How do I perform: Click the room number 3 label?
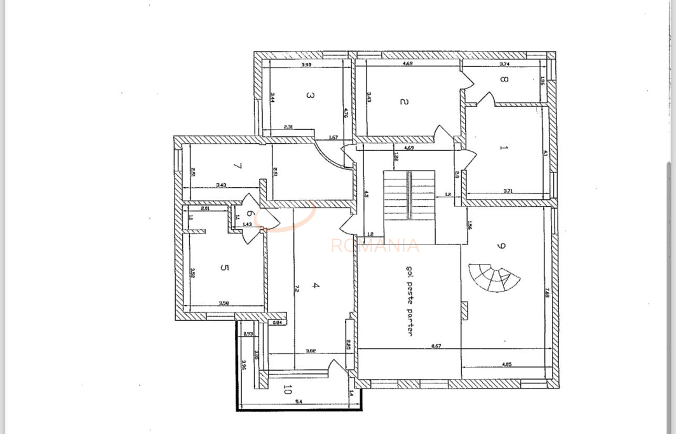(x=310, y=96)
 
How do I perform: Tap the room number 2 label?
(x=404, y=101)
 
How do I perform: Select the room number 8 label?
(x=503, y=80)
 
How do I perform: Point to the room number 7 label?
(x=237, y=166)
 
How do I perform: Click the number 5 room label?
(x=224, y=268)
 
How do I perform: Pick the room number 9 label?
(x=501, y=246)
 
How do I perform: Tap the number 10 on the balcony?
(x=287, y=389)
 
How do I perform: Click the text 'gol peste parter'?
(x=409, y=300)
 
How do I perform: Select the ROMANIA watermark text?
(x=375, y=246)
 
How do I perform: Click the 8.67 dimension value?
(x=435, y=346)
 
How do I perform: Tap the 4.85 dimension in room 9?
(x=507, y=364)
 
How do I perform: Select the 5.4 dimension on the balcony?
(x=299, y=401)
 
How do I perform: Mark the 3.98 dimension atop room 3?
(x=307, y=65)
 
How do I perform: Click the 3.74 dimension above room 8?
(x=505, y=64)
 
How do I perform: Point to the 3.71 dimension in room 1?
(x=508, y=191)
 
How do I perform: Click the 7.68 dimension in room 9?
(x=547, y=294)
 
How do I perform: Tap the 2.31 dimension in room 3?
(x=288, y=127)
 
